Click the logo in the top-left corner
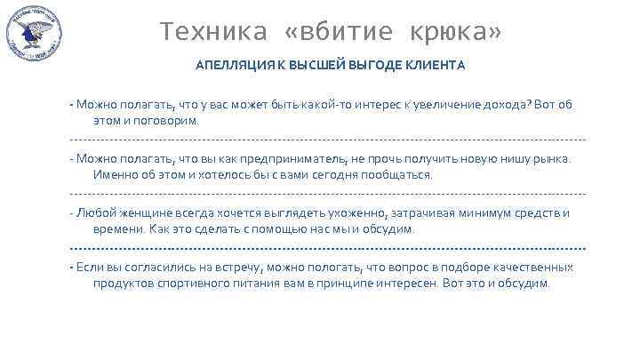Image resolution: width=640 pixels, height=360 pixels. [x=33, y=35]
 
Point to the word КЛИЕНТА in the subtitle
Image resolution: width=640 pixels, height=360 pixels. [x=436, y=66]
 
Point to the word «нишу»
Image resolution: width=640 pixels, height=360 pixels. [x=507, y=158]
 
